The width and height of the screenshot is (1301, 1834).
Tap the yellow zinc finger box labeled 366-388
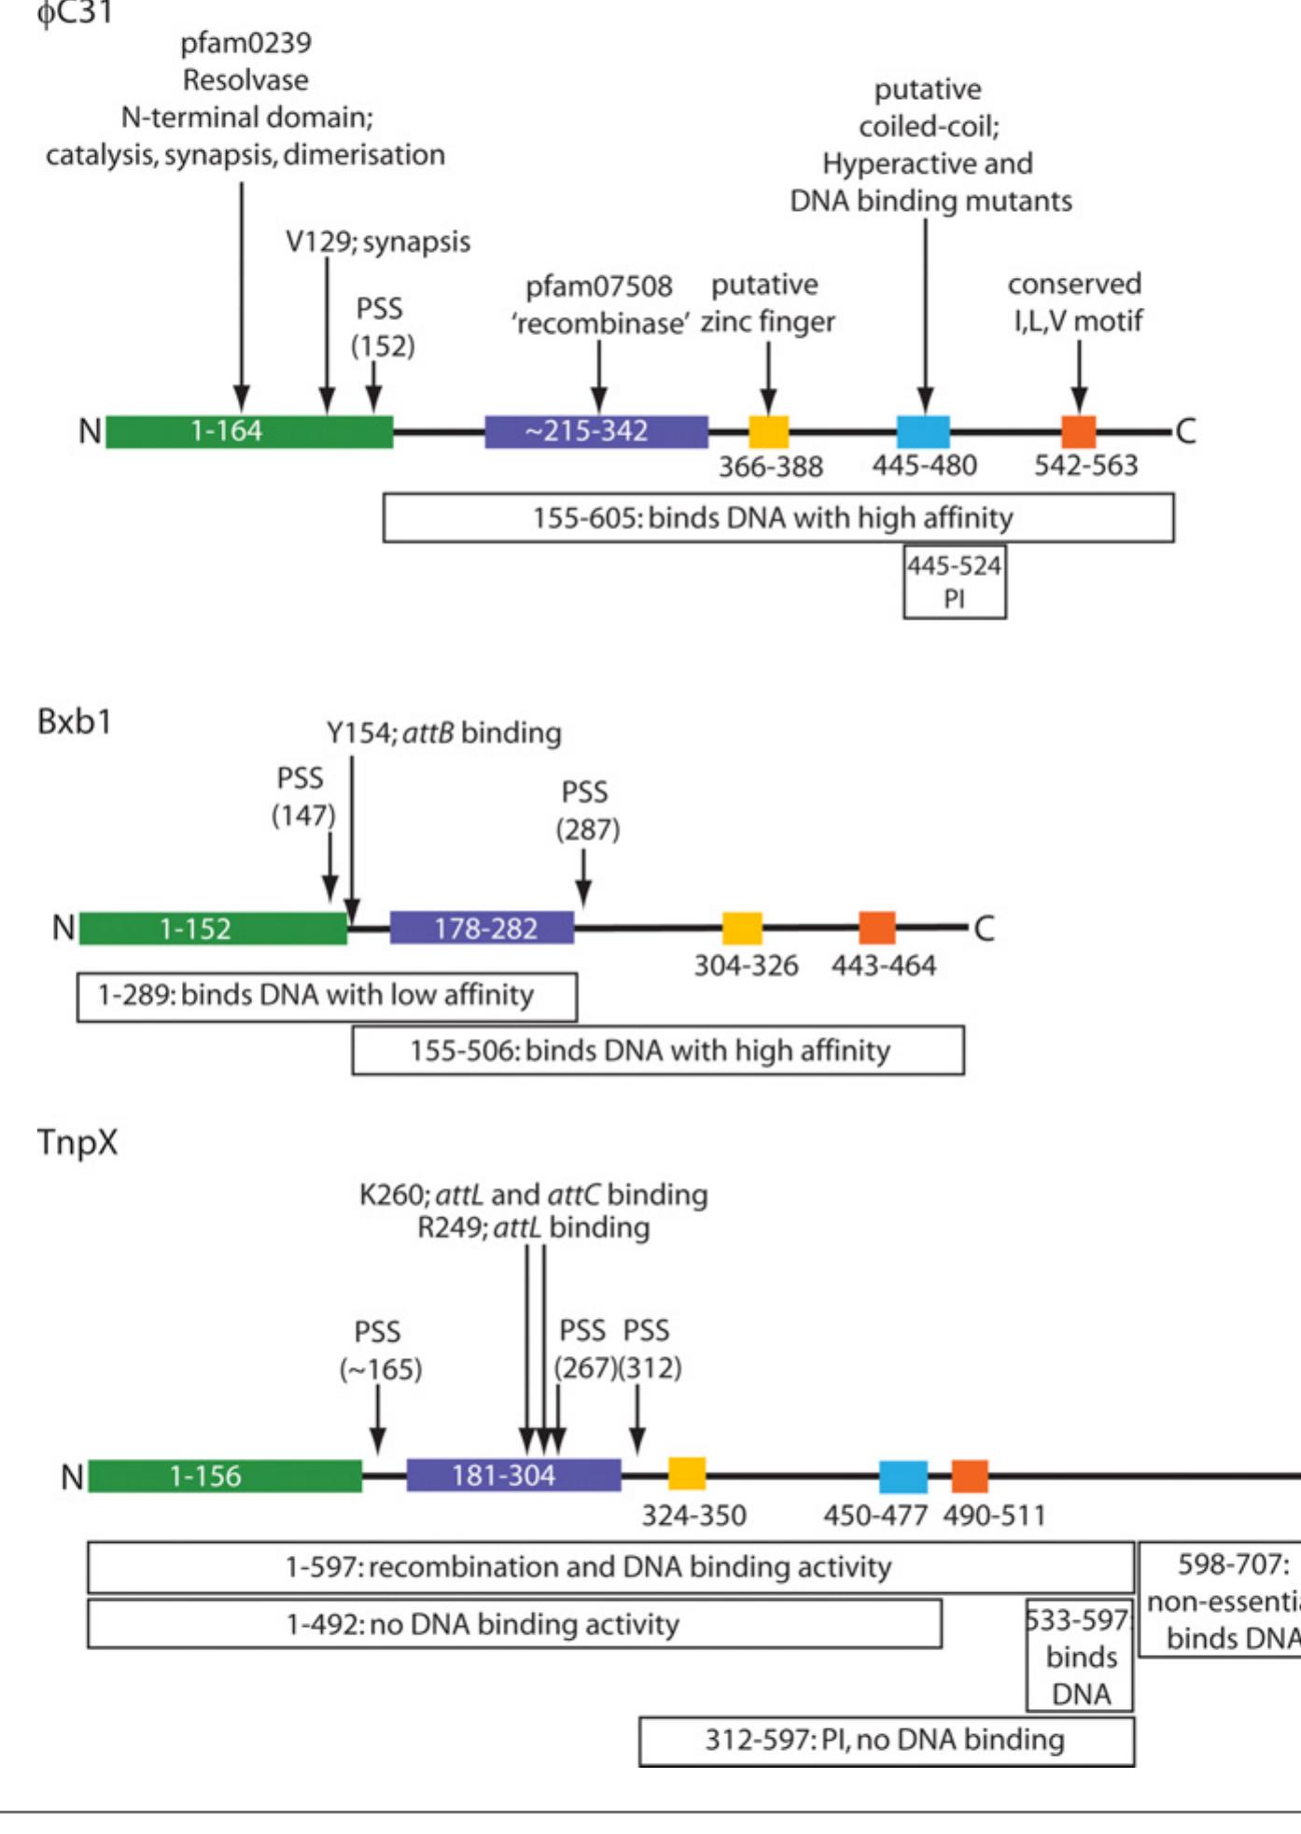point(768,431)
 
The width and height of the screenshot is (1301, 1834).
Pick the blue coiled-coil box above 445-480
point(923,431)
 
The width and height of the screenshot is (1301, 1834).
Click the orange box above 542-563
point(1079,431)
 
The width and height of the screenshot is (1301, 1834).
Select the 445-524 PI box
point(954,582)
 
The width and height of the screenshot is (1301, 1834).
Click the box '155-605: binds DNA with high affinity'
point(777,518)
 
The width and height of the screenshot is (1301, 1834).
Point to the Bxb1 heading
point(75,721)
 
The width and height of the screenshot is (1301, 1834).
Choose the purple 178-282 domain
point(482,928)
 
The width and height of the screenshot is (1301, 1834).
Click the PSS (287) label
point(587,810)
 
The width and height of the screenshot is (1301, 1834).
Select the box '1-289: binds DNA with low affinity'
point(327,996)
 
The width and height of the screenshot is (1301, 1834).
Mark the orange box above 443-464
point(876,928)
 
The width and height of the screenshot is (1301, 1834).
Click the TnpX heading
point(77,1142)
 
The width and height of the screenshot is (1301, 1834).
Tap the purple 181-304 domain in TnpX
point(513,1475)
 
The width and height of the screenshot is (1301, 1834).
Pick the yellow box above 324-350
point(687,1474)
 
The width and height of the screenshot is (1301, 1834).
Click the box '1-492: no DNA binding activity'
point(513,1624)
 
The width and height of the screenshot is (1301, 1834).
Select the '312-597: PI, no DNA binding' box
point(886,1741)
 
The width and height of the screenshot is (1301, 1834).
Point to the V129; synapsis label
point(377,242)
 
